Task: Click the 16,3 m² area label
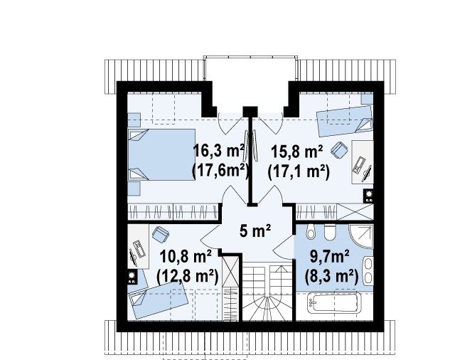[219, 151]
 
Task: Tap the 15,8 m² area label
[297, 152]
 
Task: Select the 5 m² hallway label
[255, 231]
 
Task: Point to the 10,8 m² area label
[186, 257]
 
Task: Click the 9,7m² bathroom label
[330, 256]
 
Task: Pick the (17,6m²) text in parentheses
[221, 171]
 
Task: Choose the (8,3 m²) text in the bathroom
[331, 276]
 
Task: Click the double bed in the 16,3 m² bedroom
[161, 154]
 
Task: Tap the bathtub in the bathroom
[334, 302]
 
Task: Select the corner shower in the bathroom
[361, 236]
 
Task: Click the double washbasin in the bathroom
[368, 270]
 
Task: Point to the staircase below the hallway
[267, 294]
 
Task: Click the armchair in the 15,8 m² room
[339, 150]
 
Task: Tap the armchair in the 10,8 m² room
[161, 234]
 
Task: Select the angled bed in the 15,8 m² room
[345, 121]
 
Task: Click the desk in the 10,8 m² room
[139, 246]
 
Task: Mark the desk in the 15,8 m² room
[363, 162]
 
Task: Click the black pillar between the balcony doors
[250, 112]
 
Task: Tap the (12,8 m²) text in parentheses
[187, 276]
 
